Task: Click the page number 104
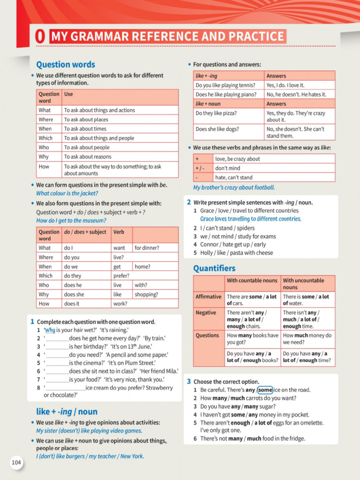[x=16, y=463]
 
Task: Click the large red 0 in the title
[x=41, y=37]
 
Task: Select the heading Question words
[x=66, y=65]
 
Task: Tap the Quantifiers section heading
[x=214, y=269]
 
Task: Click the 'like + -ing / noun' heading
[x=67, y=412]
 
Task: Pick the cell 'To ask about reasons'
[x=88, y=157]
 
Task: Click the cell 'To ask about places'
[x=86, y=120]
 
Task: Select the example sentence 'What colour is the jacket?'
[x=67, y=193]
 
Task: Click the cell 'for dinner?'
[x=147, y=247]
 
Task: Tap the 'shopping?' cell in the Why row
[x=146, y=294]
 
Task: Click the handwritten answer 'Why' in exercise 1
[x=50, y=330]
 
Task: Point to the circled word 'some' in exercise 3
[x=265, y=390]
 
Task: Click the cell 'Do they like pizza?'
[x=216, y=113]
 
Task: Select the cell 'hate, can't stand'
[x=233, y=177]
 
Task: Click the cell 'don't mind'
[x=227, y=168]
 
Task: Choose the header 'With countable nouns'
[x=252, y=280]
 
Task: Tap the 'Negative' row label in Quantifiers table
[x=206, y=313]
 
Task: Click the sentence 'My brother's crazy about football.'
[x=234, y=187]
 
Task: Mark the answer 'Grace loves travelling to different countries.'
[x=251, y=219]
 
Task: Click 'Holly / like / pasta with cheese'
[x=236, y=253]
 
